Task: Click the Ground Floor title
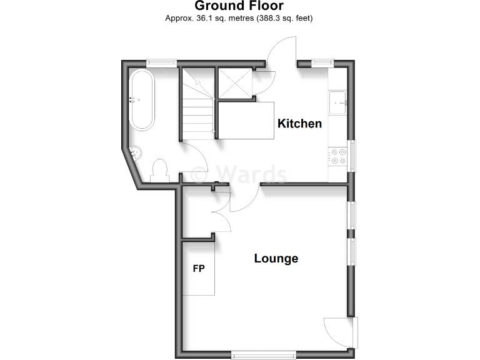point(239,6)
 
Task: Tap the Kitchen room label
point(299,123)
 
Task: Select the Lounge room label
point(276,258)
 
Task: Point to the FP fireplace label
point(199,269)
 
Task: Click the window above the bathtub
point(161,62)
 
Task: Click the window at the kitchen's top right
point(322,62)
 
